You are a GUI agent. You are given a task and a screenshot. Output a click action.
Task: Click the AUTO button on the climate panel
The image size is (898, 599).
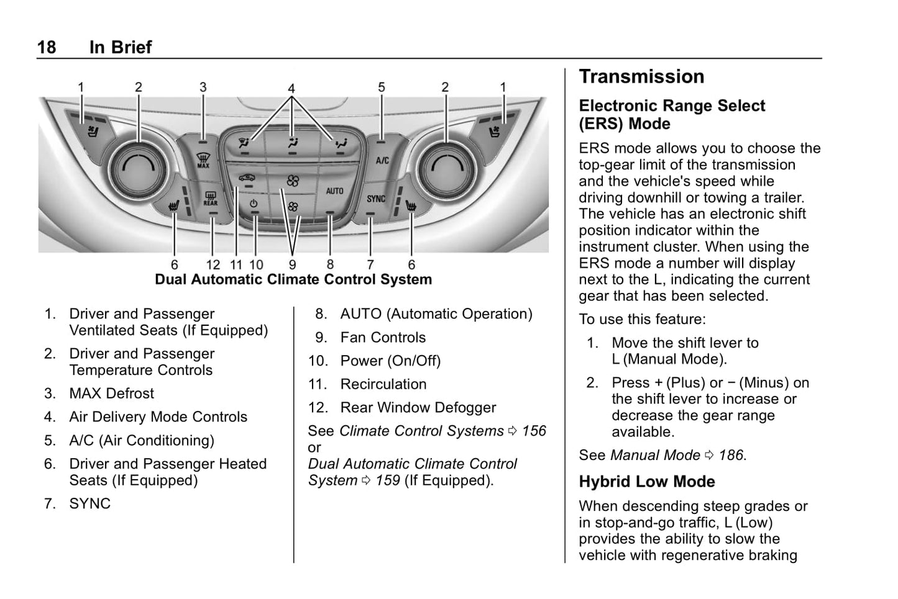[334, 191]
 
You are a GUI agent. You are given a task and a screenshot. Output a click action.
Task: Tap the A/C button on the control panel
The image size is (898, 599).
[382, 160]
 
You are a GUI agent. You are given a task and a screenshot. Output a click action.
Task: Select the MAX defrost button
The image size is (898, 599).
[203, 161]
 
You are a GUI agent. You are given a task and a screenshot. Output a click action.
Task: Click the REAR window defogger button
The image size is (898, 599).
[211, 199]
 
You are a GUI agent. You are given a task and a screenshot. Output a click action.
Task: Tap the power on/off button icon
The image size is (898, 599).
[254, 204]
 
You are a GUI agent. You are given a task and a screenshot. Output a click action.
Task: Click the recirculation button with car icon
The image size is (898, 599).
[247, 178]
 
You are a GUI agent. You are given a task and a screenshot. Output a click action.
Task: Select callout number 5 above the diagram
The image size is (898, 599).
[382, 88]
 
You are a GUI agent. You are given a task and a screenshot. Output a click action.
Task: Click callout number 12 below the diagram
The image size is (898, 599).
[213, 265]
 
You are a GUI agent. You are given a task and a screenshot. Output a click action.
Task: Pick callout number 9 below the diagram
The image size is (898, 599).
[292, 265]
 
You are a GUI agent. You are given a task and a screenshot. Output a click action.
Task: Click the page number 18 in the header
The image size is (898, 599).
[47, 47]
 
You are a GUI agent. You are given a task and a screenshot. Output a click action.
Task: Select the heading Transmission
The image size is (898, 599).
[641, 76]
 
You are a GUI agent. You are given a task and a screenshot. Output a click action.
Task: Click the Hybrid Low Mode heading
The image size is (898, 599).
[647, 482]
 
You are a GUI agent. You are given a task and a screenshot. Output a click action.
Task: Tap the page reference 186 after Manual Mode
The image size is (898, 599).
[731, 455]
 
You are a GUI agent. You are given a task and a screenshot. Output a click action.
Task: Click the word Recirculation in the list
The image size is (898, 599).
[383, 384]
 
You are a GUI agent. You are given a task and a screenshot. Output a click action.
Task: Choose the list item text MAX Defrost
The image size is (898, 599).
[112, 394]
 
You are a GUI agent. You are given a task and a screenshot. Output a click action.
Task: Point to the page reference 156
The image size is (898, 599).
[534, 431]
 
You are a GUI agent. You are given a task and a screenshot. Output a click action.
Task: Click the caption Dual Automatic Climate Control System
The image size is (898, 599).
[293, 279]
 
